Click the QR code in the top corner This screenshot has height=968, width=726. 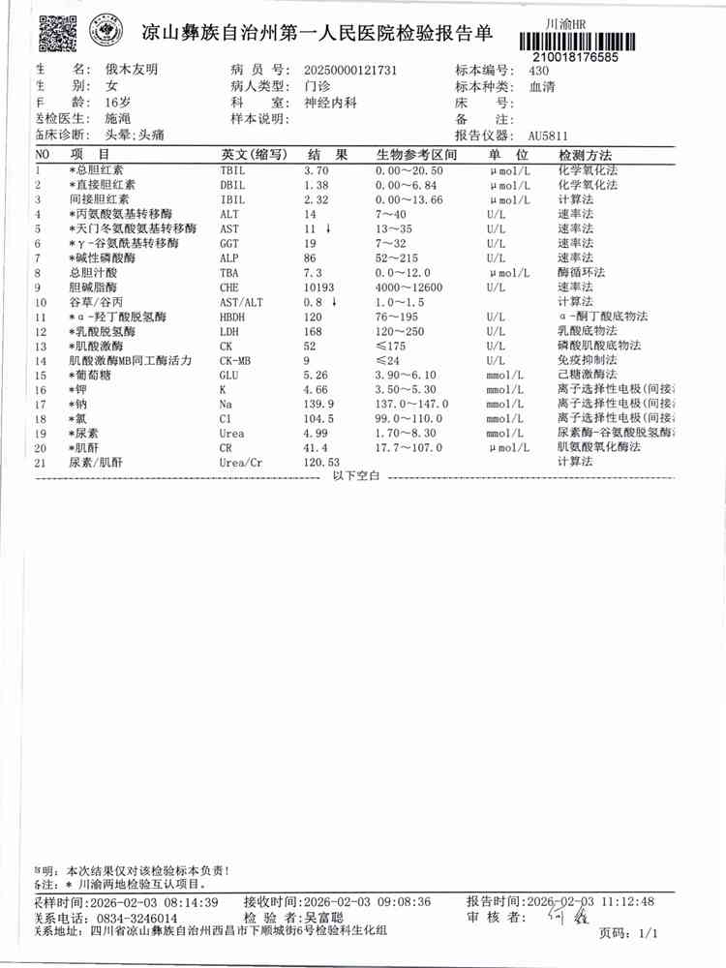coord(56,33)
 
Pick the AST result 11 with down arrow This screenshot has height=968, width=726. coord(318,228)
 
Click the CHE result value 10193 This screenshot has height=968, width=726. coord(321,287)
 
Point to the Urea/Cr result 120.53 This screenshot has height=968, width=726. coord(324,464)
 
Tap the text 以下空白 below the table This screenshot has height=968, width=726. coord(358,476)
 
